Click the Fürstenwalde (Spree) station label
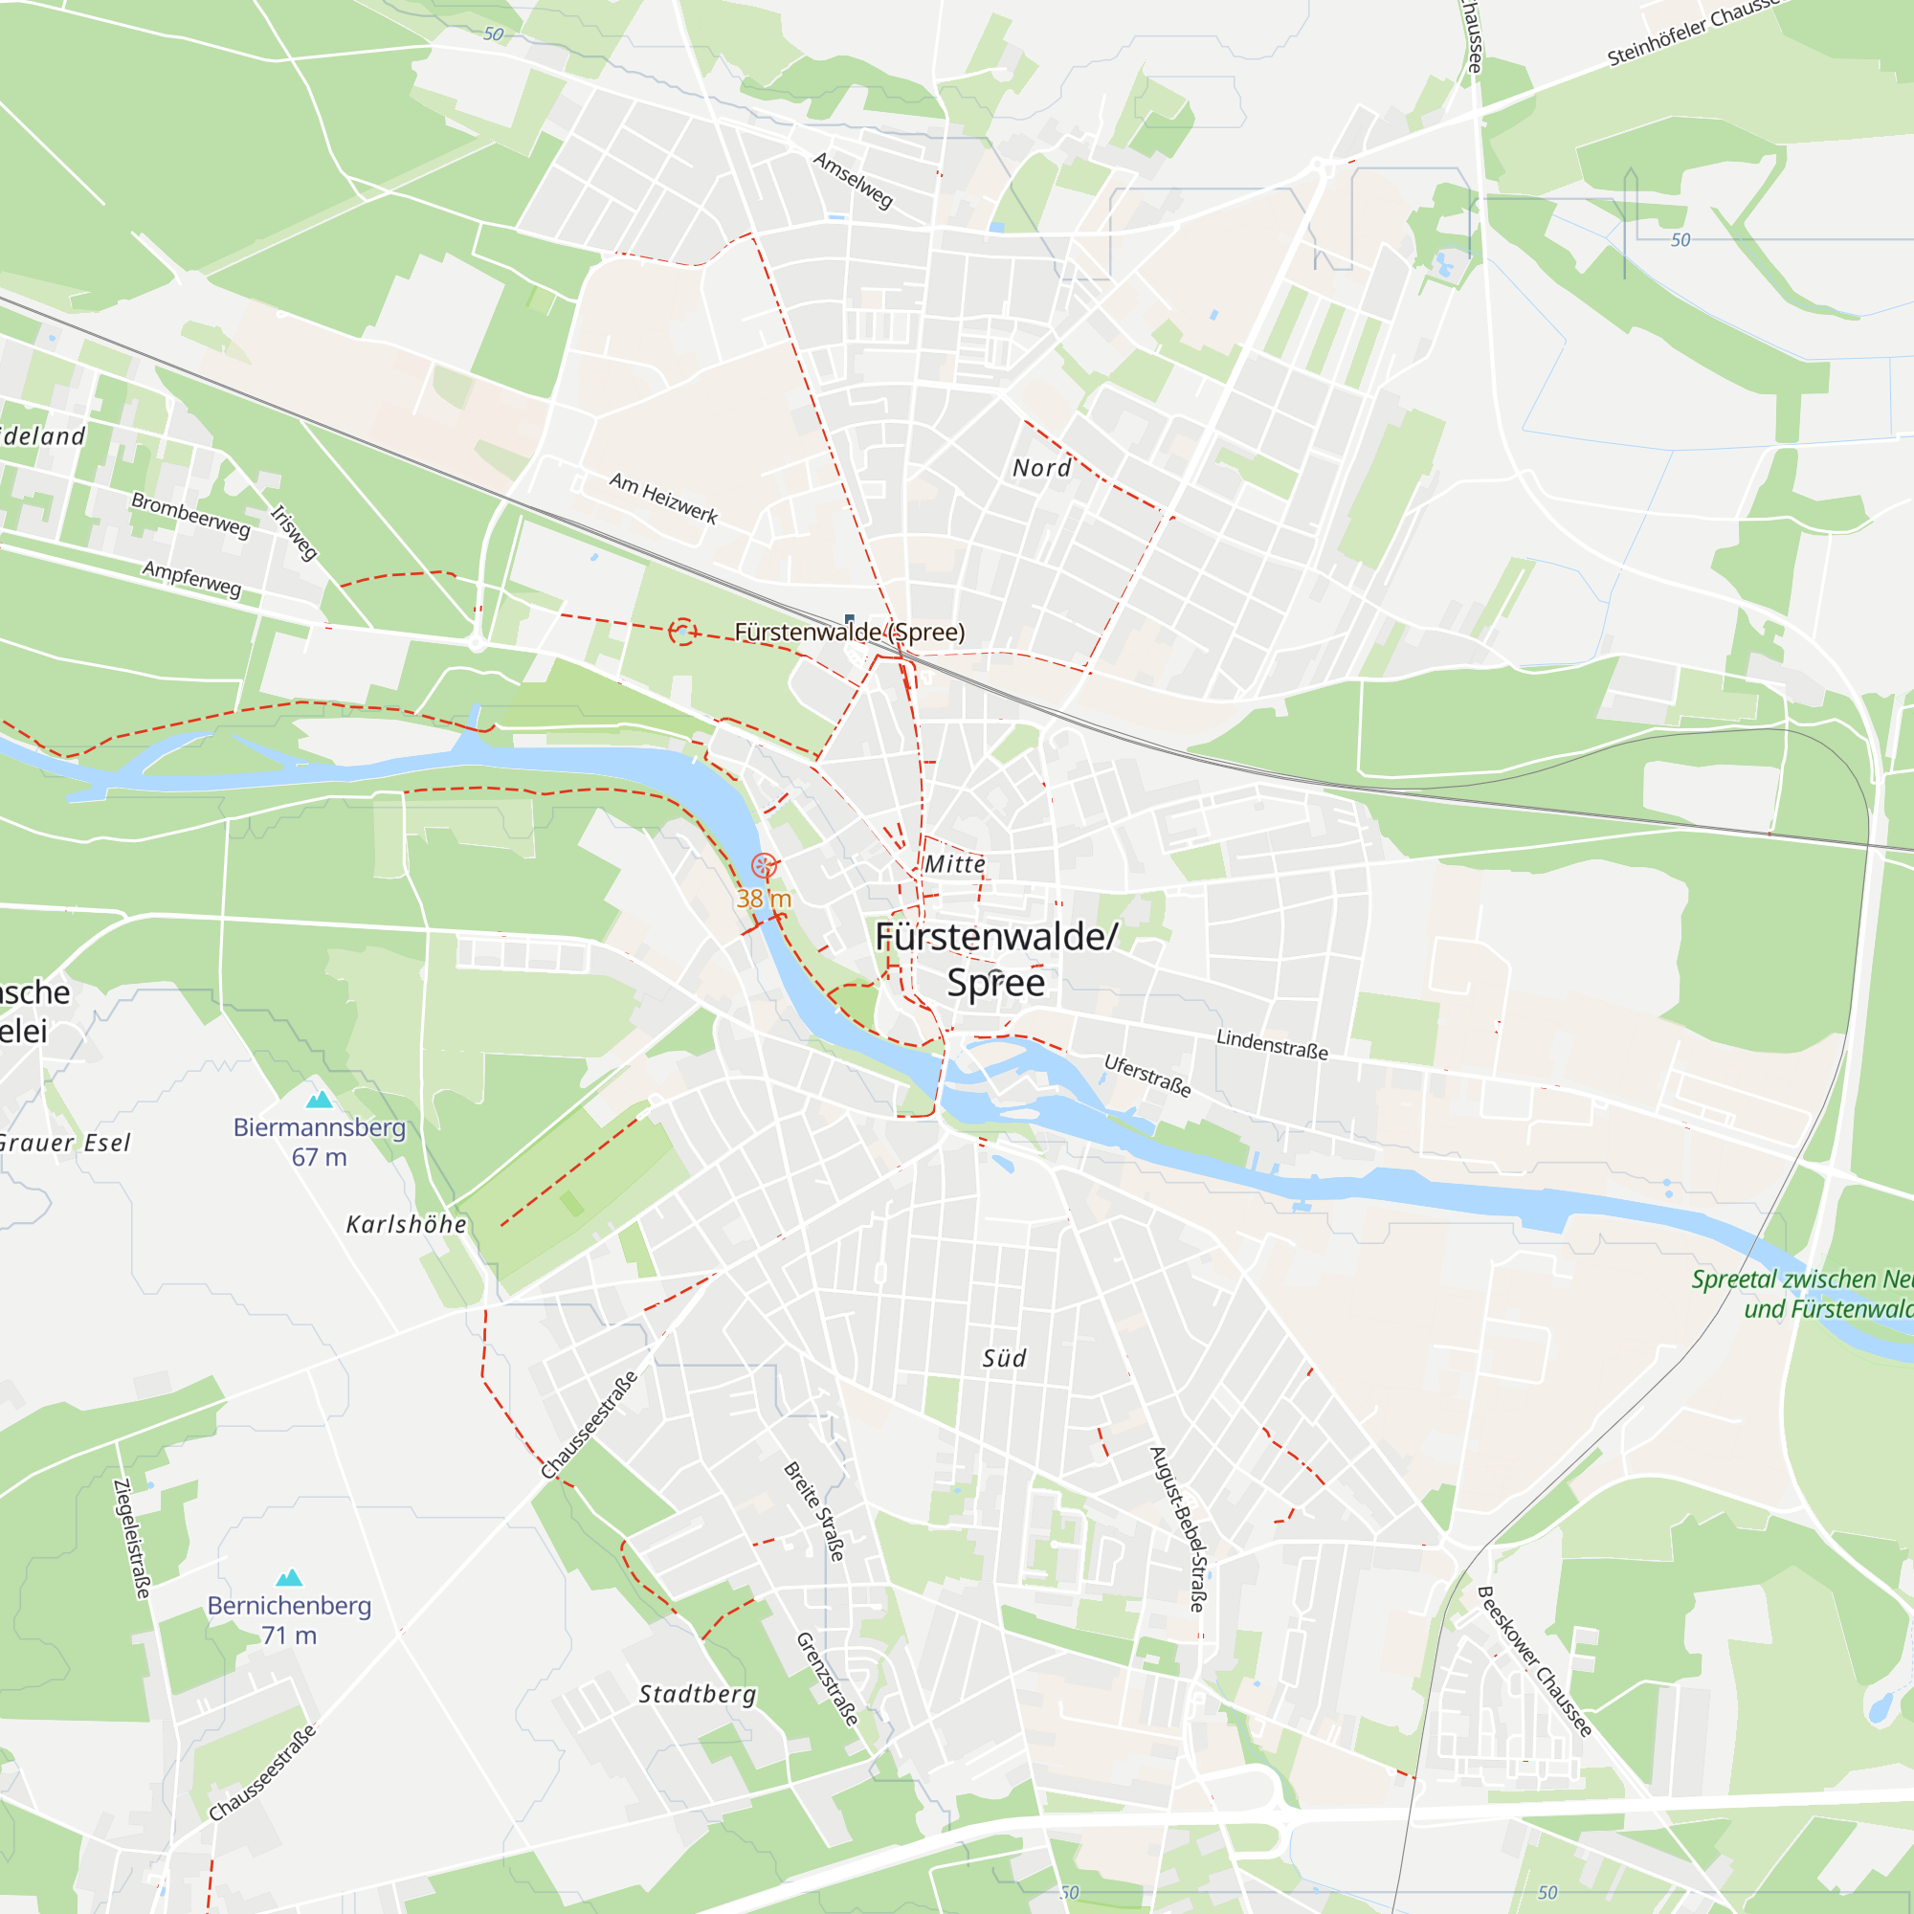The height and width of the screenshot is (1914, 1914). click(x=849, y=632)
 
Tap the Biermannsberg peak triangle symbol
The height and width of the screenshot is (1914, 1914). click(x=319, y=1100)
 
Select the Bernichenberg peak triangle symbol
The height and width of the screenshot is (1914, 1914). click(x=288, y=1578)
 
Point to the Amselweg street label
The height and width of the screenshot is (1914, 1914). click(x=853, y=180)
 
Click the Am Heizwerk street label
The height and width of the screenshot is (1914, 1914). click(x=663, y=498)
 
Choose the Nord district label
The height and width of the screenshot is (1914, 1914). click(x=1041, y=468)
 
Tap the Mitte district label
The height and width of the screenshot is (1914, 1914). click(x=955, y=864)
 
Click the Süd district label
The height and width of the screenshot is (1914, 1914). click(x=1004, y=1358)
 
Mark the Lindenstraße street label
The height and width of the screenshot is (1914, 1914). click(x=1272, y=1044)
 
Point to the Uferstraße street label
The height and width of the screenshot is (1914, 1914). click(x=1147, y=1076)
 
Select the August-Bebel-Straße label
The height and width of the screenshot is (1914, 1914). click(x=1178, y=1528)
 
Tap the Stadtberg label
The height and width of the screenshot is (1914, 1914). click(x=698, y=1694)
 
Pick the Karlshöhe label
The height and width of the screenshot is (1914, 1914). click(x=406, y=1225)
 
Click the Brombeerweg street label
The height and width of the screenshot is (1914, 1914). click(x=191, y=514)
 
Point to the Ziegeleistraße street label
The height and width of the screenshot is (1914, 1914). click(x=132, y=1539)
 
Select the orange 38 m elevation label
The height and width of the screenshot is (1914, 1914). click(x=764, y=899)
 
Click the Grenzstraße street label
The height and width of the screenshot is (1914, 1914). click(x=827, y=1680)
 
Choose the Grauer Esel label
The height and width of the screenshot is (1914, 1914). click(x=64, y=1143)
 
